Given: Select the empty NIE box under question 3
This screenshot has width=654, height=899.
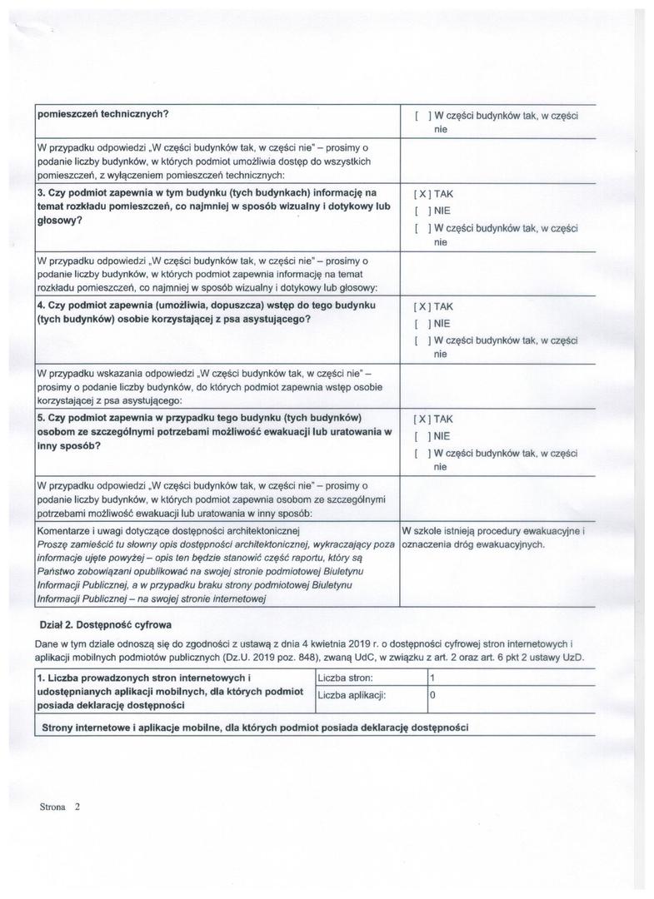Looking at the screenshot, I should [422, 211].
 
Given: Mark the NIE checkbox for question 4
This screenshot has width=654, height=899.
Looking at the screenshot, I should [422, 323].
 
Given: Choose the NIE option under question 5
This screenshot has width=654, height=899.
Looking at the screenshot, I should [422, 436].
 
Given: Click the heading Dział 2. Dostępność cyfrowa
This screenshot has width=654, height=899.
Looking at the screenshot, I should [106, 623].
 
